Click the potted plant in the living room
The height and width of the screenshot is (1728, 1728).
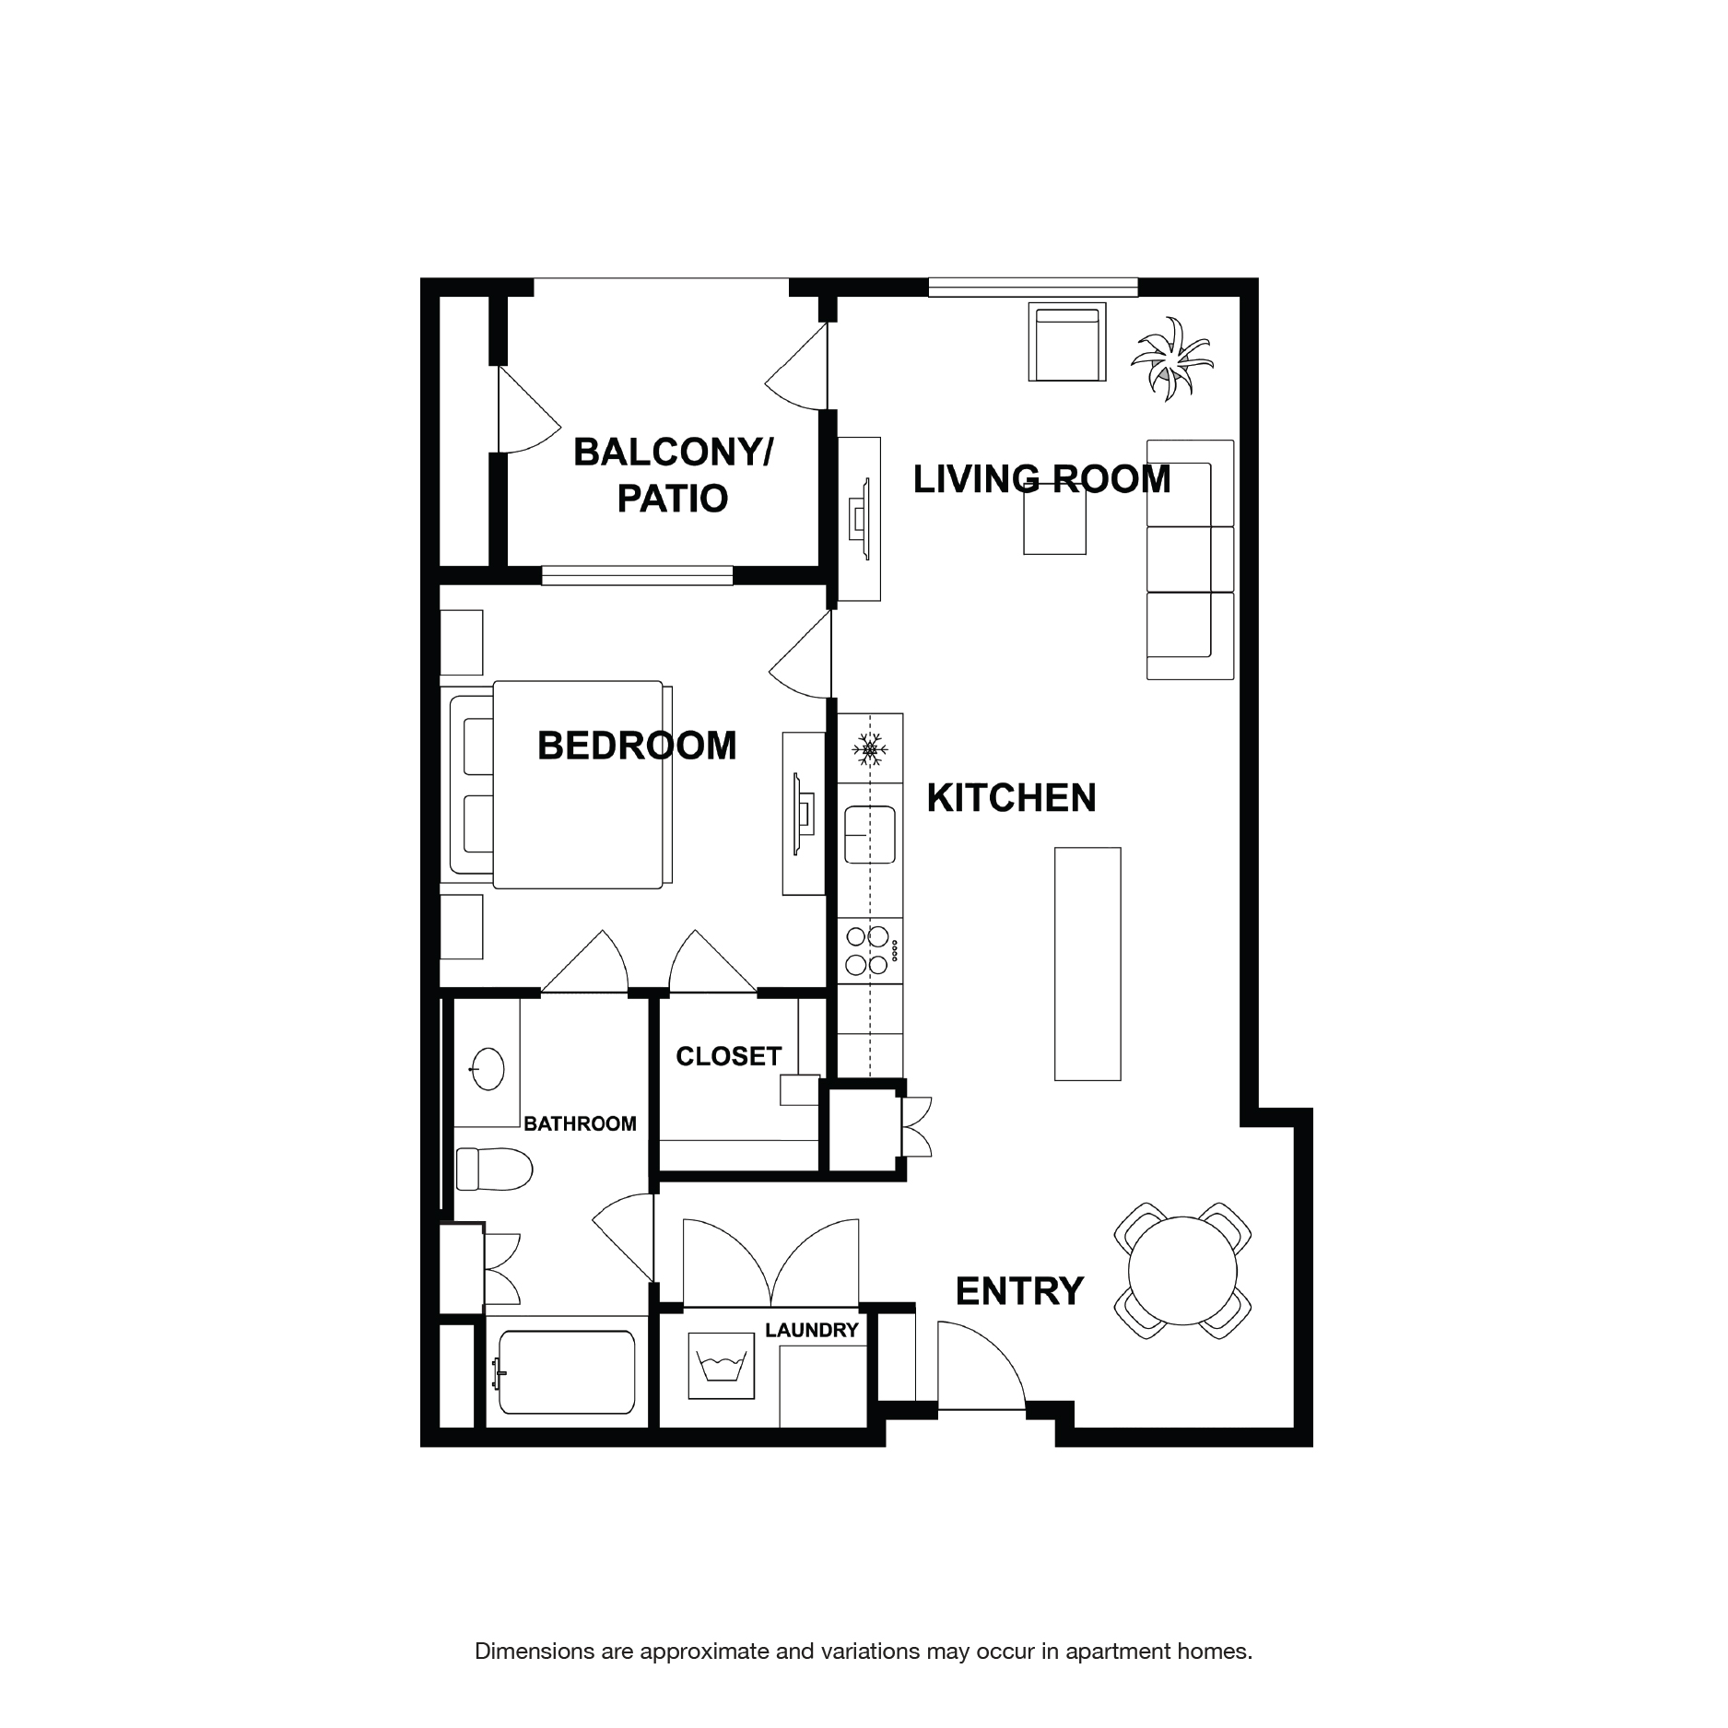pyautogui.click(x=1170, y=359)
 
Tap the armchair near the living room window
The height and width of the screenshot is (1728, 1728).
pyautogui.click(x=1067, y=343)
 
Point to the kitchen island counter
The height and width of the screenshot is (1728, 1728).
pyautogui.click(x=1087, y=963)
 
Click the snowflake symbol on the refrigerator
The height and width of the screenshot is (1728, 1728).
pyautogui.click(x=870, y=748)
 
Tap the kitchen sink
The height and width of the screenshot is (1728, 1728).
pyautogui.click(x=870, y=834)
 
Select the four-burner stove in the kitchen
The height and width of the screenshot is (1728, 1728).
pyautogui.click(x=868, y=950)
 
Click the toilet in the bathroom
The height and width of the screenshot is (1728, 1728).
pyautogui.click(x=495, y=1170)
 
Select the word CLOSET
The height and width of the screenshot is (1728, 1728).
pyautogui.click(x=728, y=1056)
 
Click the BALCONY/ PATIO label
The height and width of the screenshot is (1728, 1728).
pyautogui.click(x=673, y=476)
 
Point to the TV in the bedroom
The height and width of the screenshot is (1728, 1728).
pyautogui.click(x=803, y=814)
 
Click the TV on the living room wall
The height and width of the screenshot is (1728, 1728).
pyautogui.click(x=860, y=518)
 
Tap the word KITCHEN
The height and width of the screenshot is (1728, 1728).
pyautogui.click(x=1011, y=798)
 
